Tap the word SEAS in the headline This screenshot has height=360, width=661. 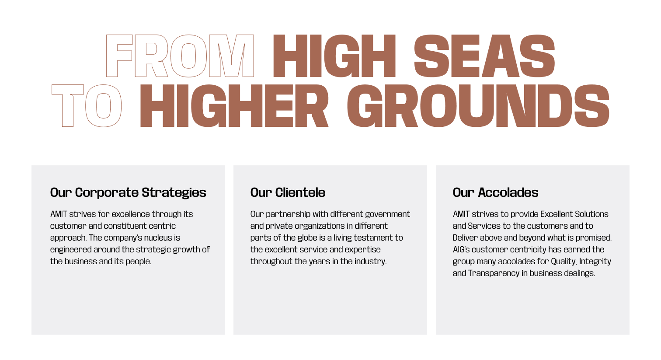484,56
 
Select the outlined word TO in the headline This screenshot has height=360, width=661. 87,106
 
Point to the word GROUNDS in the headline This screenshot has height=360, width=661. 478,106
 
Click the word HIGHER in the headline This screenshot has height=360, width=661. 234,106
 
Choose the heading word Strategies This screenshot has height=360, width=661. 174,193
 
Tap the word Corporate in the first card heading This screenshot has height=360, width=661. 107,193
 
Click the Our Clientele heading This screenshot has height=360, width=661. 288,192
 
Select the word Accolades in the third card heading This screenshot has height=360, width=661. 508,192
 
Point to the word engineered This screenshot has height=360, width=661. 70,250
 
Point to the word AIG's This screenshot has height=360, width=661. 461,249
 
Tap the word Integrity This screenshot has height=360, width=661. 595,262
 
